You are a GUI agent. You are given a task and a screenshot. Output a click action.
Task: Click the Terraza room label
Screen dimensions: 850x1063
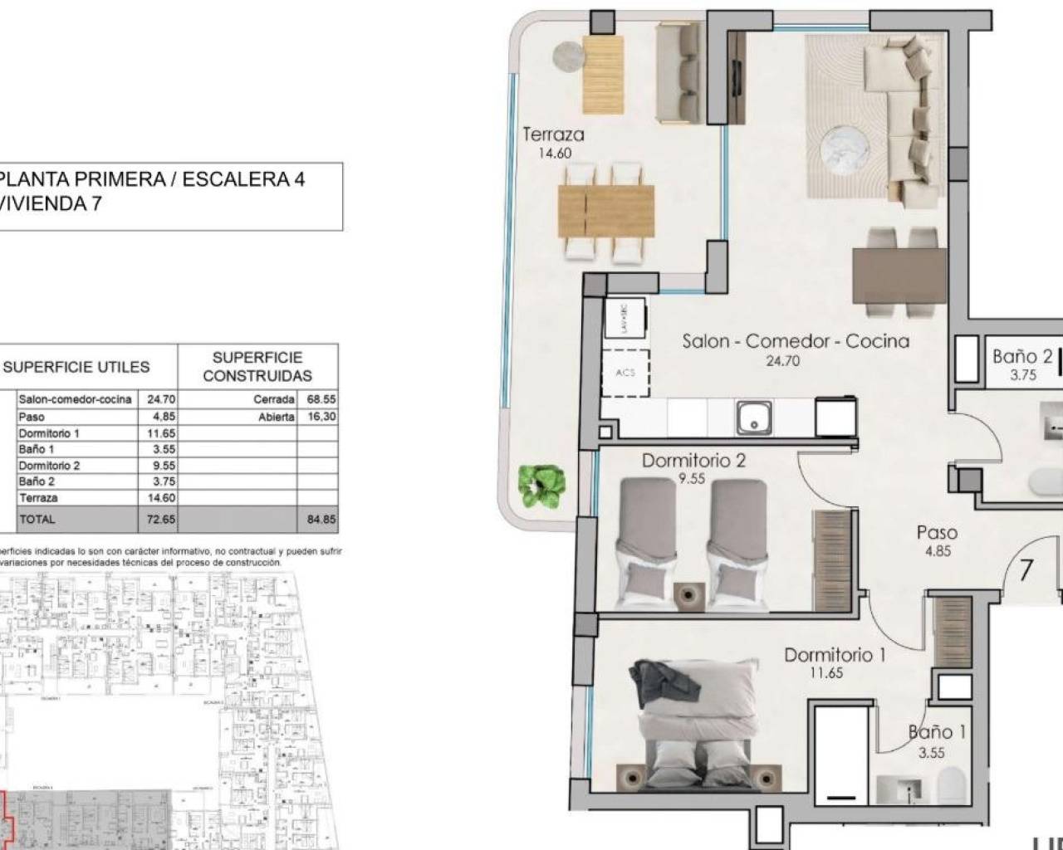[x=553, y=134]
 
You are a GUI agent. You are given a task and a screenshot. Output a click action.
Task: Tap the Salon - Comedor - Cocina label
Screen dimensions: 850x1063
[x=795, y=341]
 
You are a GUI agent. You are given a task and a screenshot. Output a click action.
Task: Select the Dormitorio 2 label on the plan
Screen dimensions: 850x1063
[x=693, y=461]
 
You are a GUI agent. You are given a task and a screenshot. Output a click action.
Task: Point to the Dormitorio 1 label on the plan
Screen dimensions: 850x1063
[x=835, y=655]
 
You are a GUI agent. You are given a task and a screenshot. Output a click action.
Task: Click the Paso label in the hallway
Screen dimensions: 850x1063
[x=937, y=533]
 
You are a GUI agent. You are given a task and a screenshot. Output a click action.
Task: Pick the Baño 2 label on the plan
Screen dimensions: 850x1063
[x=1021, y=357]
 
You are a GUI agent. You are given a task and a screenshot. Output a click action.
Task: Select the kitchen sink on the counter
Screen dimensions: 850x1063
[x=754, y=417]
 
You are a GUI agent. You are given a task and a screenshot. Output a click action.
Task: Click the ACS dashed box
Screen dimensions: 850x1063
[x=625, y=373]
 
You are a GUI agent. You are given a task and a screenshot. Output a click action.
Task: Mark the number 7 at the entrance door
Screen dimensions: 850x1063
[x=1026, y=570]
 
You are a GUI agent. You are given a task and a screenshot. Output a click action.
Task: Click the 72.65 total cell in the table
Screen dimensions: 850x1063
[x=157, y=519]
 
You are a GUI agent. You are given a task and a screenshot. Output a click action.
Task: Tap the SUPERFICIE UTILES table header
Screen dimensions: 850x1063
[x=77, y=367]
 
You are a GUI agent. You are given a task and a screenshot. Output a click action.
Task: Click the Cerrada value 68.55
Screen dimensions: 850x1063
[x=321, y=399]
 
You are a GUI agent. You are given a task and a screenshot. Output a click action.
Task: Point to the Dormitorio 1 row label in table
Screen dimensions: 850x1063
[x=49, y=433]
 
